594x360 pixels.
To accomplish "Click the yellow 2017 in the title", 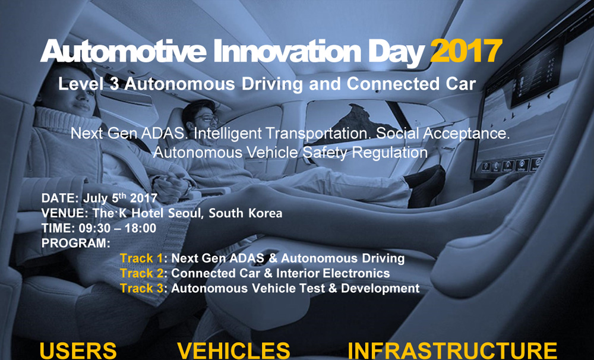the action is pyautogui.click(x=466, y=51).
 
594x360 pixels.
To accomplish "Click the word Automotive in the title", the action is pyautogui.click(x=124, y=51).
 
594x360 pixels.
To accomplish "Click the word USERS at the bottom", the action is pyautogui.click(x=78, y=351).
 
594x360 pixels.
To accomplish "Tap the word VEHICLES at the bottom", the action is pyautogui.click(x=233, y=351).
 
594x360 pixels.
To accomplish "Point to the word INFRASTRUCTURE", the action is pyautogui.click(x=452, y=351).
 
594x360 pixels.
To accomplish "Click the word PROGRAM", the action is pyautogui.click(x=76, y=244).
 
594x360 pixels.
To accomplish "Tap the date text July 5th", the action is pyautogui.click(x=105, y=198).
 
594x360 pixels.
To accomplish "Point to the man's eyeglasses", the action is pyautogui.click(x=207, y=118).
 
